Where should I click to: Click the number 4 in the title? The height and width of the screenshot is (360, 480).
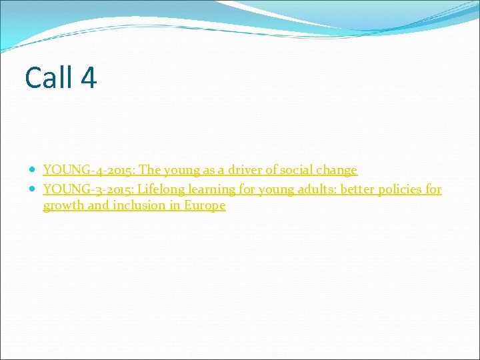89,77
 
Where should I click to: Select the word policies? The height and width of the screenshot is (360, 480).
401,189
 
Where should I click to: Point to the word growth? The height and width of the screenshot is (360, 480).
64,206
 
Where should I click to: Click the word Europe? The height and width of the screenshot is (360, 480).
205,206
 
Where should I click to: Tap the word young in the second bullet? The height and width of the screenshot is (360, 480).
276,189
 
